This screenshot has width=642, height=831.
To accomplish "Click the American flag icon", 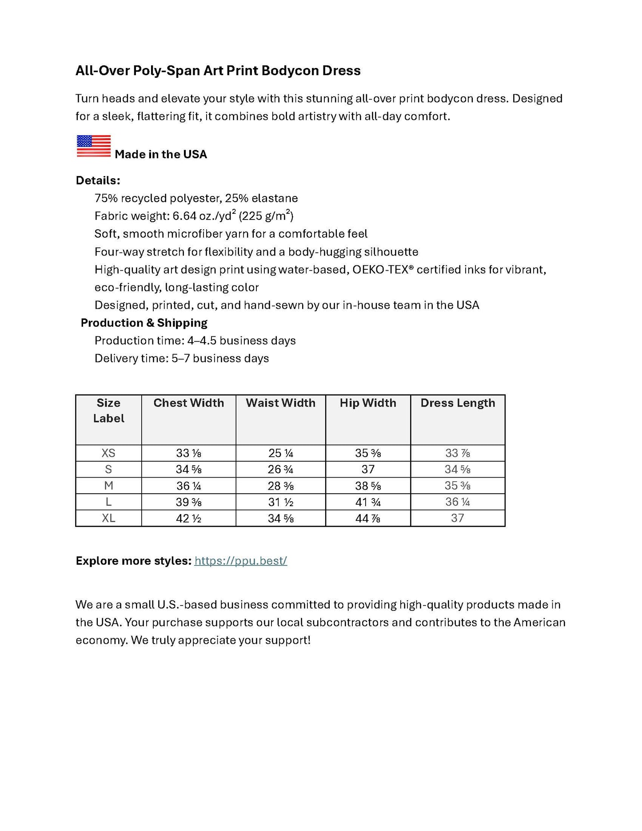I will coord(94,146).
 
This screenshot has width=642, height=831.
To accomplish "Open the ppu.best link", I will coord(241,561).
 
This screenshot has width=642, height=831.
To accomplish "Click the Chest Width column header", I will coord(188,403).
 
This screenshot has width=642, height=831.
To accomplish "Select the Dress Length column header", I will coord(458,403).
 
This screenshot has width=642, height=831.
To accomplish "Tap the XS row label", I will coord(108,453).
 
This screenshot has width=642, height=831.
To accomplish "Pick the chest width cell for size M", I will coord(188,486).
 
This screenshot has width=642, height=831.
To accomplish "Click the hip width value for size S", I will coord(368,469).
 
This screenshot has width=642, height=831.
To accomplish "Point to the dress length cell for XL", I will coord(458,518).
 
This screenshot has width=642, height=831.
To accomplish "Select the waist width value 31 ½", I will coord(280,502).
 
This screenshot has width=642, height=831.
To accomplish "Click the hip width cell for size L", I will coord(368,502).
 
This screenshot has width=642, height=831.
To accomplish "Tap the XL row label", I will coord(108,518).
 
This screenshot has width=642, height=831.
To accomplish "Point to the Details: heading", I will coord(98,180).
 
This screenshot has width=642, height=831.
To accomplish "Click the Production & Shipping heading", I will coord(144,323).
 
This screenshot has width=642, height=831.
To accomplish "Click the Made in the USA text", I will coord(161,155).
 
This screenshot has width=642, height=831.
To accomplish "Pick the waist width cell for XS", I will coord(280,453).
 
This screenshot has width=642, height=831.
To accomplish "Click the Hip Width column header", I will coord(368,403).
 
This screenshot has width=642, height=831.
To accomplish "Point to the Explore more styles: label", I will coord(133,561).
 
